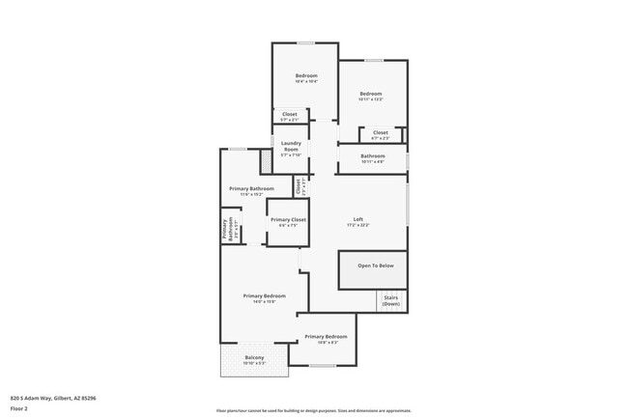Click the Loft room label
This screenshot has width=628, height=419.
click(x=357, y=218)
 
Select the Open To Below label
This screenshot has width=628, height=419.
click(x=372, y=265)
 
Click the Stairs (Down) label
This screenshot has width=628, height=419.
click(x=390, y=300)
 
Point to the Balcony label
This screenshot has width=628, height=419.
click(x=254, y=357)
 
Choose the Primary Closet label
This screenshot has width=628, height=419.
click(x=287, y=220)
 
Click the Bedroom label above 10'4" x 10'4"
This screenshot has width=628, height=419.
click(x=305, y=75)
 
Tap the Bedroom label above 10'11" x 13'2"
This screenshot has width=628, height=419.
click(x=371, y=94)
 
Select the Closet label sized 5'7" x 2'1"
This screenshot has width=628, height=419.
click(x=290, y=114)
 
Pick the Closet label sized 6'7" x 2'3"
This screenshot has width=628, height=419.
click(x=380, y=132)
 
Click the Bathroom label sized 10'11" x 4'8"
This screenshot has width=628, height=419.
click(x=372, y=155)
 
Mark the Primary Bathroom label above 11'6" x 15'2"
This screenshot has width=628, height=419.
click(x=251, y=188)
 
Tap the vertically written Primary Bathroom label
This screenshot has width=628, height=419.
click(x=225, y=230)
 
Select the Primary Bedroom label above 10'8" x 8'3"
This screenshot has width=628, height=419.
click(x=326, y=336)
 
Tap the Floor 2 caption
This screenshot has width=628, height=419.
click(x=19, y=408)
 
